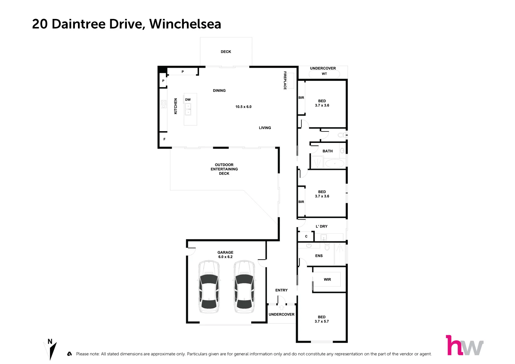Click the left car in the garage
pyautogui.click(x=208, y=286)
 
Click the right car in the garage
pyautogui.click(x=244, y=286)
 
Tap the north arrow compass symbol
pyautogui.click(x=51, y=350)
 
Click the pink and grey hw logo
pyautogui.click(x=464, y=345)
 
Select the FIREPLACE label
pyautogui.click(x=285, y=80)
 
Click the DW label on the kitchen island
pyautogui.click(x=188, y=100)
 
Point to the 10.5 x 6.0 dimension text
pyautogui.click(x=243, y=107)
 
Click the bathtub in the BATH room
pyautogui.click(x=335, y=163)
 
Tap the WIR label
pyautogui.click(x=327, y=279)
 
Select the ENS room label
pyautogui.click(x=319, y=256)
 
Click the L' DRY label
pyautogui.click(x=321, y=226)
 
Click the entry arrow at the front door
pyautogui.click(x=282, y=307)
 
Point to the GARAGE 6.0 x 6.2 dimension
pyautogui.click(x=225, y=257)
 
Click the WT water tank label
pyautogui.click(x=324, y=74)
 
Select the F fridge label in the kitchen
pyautogui.click(x=165, y=139)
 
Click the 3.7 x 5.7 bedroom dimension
pyautogui.click(x=321, y=322)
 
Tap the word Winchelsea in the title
pyautogui.click(x=185, y=24)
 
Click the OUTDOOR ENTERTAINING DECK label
pyautogui.click(x=224, y=169)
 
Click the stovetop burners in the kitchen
pyautogui.click(x=164, y=103)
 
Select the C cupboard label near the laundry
pyautogui.click(x=306, y=237)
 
